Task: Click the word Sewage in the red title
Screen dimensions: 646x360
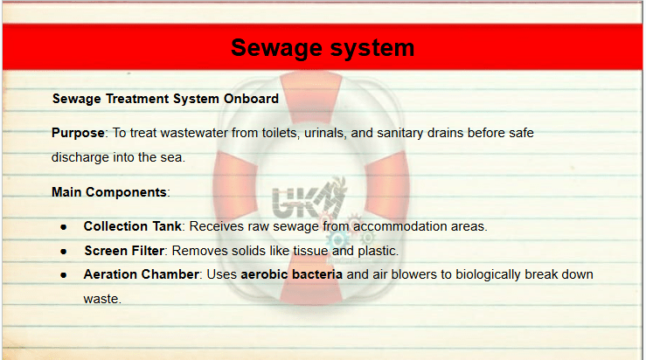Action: pyautogui.click(x=276, y=49)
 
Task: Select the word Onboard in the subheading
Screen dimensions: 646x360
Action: pyautogui.click(x=251, y=99)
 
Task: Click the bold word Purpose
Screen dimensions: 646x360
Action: pyautogui.click(x=78, y=134)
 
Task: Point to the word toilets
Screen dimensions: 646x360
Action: pyautogui.click(x=279, y=133)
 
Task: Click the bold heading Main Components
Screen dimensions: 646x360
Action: pyautogui.click(x=109, y=192)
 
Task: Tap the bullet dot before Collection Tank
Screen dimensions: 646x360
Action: pyautogui.click(x=64, y=227)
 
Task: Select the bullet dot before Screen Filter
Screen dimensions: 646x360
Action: pyautogui.click(x=64, y=252)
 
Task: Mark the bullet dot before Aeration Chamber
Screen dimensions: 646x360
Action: pyautogui.click(x=64, y=275)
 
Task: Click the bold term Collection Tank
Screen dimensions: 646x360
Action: pyautogui.click(x=132, y=226)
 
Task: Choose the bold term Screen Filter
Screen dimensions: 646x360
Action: pyautogui.click(x=124, y=251)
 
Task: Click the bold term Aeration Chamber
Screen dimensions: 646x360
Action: pyautogui.click(x=142, y=274)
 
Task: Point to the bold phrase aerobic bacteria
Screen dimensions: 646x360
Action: pyautogui.click(x=292, y=274)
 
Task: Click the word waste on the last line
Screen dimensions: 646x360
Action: pyautogui.click(x=101, y=299)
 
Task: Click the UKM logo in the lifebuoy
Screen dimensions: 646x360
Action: pyautogui.click(x=309, y=199)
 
